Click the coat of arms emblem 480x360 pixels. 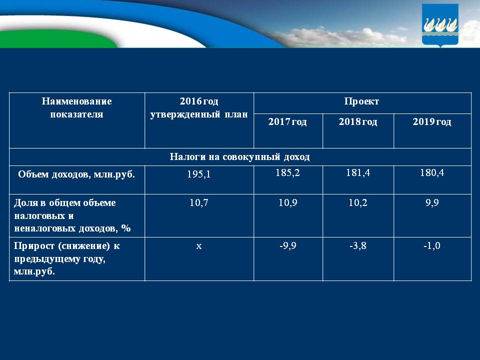pyautogui.click(x=440, y=25)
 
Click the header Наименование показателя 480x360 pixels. pyautogui.click(x=76, y=107)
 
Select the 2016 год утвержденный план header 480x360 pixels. pyautogui.click(x=199, y=107)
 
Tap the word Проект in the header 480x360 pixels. pyautogui.click(x=361, y=101)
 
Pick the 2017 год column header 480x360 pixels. pyautogui.click(x=287, y=121)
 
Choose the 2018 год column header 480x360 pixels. pyautogui.click(x=358, y=121)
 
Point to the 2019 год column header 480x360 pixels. pyautogui.click(x=432, y=121)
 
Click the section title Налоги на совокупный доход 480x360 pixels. pyautogui.click(x=239, y=156)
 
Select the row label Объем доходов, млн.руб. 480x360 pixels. pyautogui.click(x=76, y=174)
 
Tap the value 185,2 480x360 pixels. pyautogui.click(x=287, y=172)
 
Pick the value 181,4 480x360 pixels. pyautogui.click(x=358, y=172)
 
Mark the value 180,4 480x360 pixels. pyautogui.click(x=432, y=172)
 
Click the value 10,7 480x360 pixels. pyautogui.click(x=199, y=202)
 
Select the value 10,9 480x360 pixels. pyautogui.click(x=287, y=202)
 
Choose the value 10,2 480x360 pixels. pyautogui.click(x=358, y=202)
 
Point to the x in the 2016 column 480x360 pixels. pyautogui.click(x=199, y=246)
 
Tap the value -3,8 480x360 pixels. pyautogui.click(x=358, y=246)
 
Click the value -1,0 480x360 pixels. pyautogui.click(x=432, y=246)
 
